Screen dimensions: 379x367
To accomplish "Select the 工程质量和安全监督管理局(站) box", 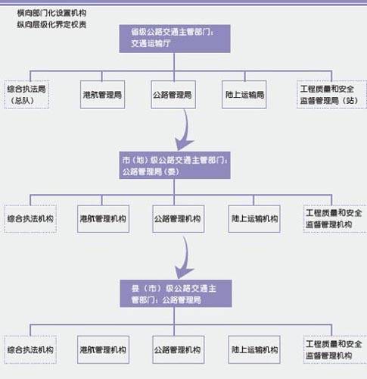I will pyautogui.click(x=327, y=94).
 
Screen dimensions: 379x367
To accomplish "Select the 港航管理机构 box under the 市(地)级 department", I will pyautogui.click(x=102, y=218).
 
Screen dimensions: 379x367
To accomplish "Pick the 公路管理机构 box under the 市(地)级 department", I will pyautogui.click(x=176, y=218).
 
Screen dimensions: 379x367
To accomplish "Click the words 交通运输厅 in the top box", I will pyautogui.click(x=149, y=43).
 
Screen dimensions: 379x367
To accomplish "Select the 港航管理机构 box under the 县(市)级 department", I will pyautogui.click(x=102, y=350).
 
